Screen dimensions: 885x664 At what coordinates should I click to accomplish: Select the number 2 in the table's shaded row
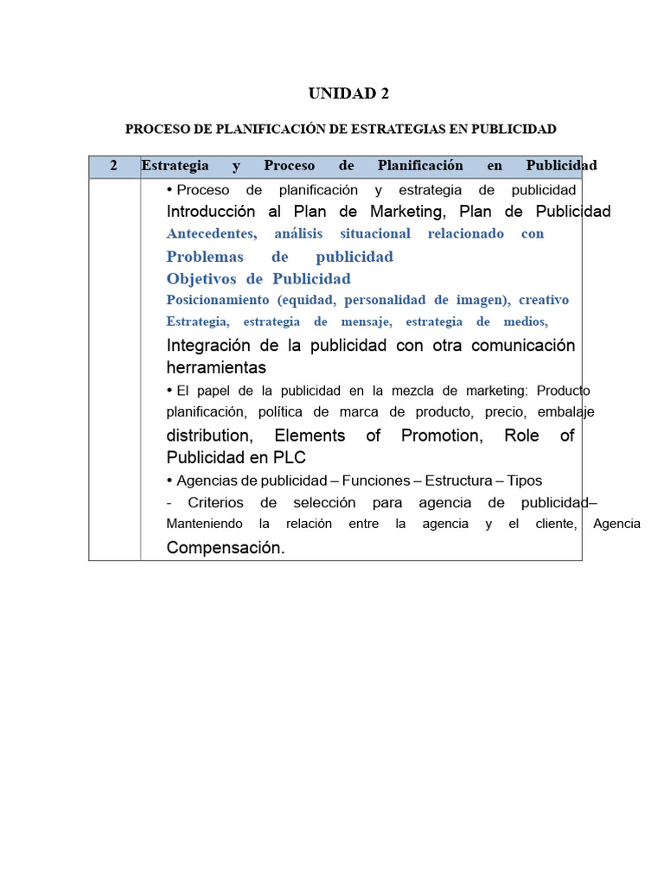(113, 165)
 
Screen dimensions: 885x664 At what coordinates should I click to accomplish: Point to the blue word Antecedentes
(212, 234)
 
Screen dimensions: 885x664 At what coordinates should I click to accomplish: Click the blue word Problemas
(205, 257)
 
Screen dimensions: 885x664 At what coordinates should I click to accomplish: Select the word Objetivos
(202, 278)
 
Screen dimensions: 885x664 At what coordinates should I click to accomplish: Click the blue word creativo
(544, 300)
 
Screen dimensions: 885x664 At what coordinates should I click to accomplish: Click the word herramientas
(216, 368)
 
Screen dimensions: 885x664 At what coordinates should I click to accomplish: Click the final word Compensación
(225, 547)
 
